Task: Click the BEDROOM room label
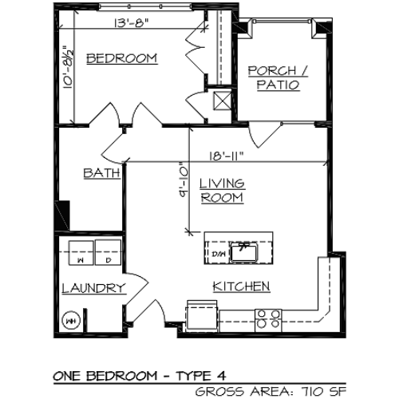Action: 121,58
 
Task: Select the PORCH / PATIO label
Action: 274,77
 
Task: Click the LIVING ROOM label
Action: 222,190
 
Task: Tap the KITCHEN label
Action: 240,286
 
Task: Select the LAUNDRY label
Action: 93,289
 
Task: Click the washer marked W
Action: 81,252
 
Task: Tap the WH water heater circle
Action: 70,321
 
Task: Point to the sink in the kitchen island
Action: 243,251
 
